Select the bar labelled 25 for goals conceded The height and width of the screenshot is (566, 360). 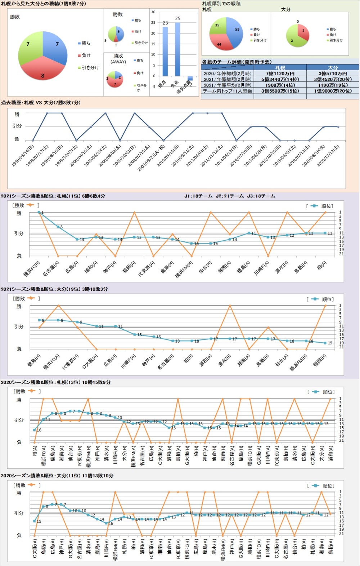click(x=177, y=49)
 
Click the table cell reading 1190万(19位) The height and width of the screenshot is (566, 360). click(x=333, y=85)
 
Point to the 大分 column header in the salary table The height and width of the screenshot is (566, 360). click(x=333, y=68)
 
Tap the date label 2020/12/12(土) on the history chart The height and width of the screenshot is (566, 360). click(x=328, y=155)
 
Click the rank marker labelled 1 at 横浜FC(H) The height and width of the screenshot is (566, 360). click(x=39, y=213)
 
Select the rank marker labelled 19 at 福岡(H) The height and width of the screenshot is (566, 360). click(x=325, y=343)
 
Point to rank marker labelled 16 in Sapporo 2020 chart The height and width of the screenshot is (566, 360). click(x=35, y=430)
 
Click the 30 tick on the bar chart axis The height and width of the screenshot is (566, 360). click(x=153, y=12)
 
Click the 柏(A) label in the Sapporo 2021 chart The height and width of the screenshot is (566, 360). click(x=321, y=267)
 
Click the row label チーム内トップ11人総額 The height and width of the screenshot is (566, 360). click(x=227, y=91)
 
